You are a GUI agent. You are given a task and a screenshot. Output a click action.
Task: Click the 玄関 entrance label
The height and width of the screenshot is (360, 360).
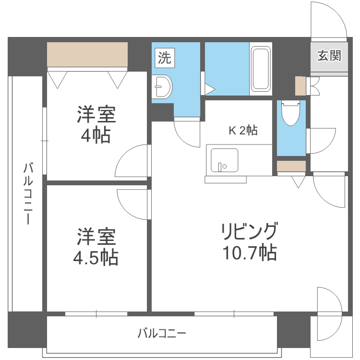click(329, 56)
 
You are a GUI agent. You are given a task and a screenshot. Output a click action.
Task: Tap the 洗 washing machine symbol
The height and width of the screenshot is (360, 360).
click(164, 58)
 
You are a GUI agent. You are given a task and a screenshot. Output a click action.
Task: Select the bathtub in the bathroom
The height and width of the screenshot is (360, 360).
click(261, 69)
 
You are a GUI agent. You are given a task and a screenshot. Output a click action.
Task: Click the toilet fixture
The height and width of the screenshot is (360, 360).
click(291, 113)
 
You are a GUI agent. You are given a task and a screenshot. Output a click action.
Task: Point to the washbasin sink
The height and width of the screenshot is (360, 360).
click(163, 87)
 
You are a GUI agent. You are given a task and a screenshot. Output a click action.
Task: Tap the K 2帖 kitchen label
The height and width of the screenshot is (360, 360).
click(242, 130)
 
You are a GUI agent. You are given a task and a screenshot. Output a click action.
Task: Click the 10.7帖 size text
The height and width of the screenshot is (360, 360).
click(249, 252)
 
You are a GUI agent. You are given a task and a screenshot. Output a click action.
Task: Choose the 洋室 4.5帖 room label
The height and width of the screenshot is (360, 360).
click(96, 247)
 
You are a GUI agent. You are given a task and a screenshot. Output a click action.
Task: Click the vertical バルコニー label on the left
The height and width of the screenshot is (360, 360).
click(28, 194)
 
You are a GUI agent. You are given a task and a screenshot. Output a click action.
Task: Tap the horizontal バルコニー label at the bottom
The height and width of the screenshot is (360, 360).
click(161, 333)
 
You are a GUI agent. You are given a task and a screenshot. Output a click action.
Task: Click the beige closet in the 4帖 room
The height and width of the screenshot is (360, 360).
click(87, 55)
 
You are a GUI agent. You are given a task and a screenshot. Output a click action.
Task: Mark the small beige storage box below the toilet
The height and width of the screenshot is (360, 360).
click(291, 166)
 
